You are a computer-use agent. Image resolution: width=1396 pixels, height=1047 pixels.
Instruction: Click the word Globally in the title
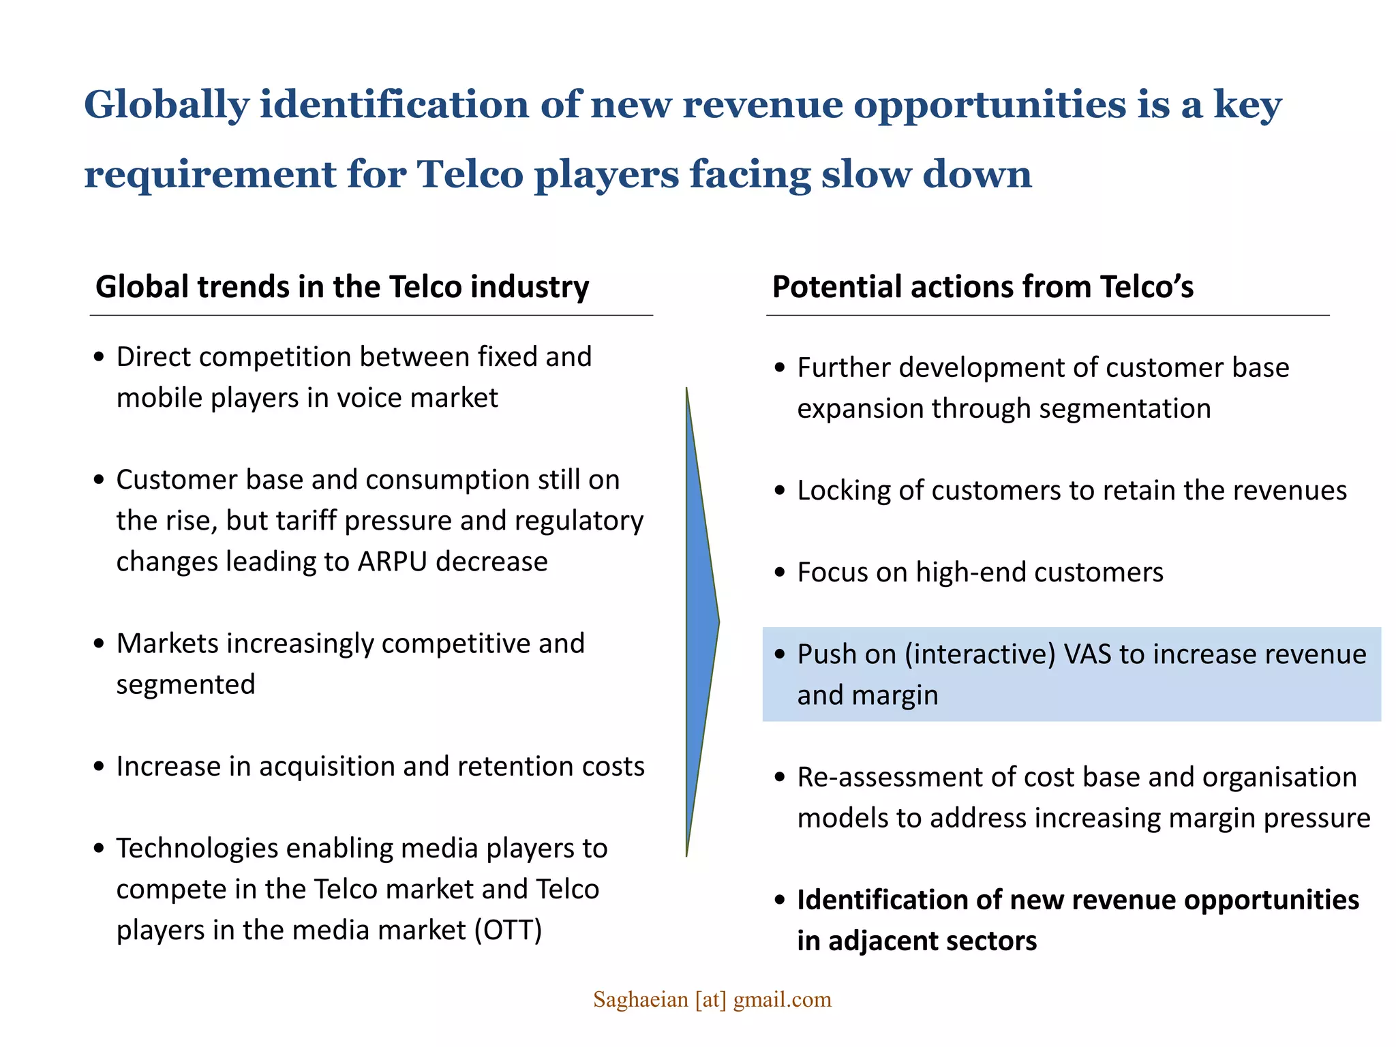click(x=166, y=106)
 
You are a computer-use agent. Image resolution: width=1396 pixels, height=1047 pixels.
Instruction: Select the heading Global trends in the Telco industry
click(x=342, y=287)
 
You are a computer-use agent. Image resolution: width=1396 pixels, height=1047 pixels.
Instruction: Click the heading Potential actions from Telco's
click(x=982, y=287)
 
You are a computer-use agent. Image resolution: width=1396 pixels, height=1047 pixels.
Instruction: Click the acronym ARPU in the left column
click(x=393, y=562)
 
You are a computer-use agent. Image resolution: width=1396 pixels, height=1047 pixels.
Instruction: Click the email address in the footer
click(x=712, y=999)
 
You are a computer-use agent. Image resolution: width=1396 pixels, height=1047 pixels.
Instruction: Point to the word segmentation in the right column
click(x=1125, y=409)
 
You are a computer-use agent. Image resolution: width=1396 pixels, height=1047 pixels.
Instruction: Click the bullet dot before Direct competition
click(x=100, y=357)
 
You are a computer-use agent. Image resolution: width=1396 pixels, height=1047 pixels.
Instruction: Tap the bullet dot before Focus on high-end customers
click(x=780, y=573)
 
